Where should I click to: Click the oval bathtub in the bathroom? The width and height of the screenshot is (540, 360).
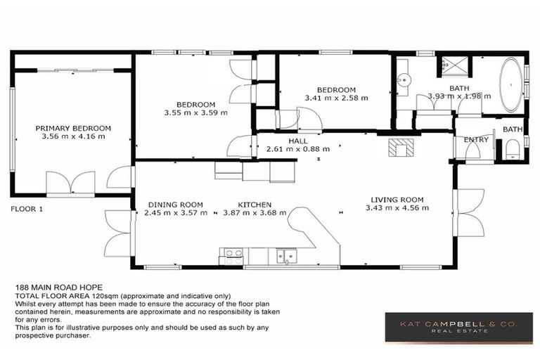click(x=510, y=84)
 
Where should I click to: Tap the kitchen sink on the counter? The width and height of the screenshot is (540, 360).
click(x=285, y=256)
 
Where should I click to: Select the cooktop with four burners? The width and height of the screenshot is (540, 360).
click(x=231, y=256)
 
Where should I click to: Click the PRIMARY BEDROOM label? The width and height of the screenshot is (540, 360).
click(x=73, y=128)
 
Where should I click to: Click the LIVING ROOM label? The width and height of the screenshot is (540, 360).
click(x=397, y=200)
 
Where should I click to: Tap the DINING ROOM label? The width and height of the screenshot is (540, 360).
click(x=176, y=205)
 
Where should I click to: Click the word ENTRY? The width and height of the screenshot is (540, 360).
click(x=476, y=140)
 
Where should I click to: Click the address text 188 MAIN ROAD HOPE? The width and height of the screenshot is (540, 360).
click(x=59, y=288)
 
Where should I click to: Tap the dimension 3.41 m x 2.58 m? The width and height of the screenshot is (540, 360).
click(x=335, y=98)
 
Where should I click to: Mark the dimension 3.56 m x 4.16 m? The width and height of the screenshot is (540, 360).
click(x=73, y=136)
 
